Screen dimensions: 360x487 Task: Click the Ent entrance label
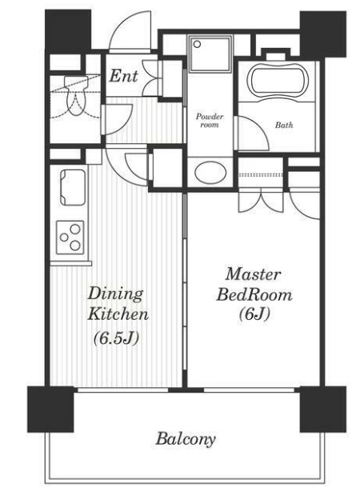(123, 76)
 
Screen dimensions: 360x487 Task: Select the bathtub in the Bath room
(278, 81)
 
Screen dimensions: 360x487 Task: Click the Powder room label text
(210, 121)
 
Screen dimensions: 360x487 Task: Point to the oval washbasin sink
(210, 173)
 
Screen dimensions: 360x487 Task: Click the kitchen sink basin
(72, 187)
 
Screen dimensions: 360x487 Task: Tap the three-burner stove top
(70, 238)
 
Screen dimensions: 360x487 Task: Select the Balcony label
(186, 439)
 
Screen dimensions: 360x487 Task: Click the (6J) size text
(254, 314)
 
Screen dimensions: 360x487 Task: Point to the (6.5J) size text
(116, 337)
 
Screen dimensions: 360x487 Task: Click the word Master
(253, 274)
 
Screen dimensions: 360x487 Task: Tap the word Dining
(115, 293)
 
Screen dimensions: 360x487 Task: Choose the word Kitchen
(118, 313)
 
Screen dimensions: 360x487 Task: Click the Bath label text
(284, 126)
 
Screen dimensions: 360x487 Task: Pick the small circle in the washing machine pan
(197, 45)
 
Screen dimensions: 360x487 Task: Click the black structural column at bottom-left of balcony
(50, 409)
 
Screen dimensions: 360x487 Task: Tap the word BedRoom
(254, 294)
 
